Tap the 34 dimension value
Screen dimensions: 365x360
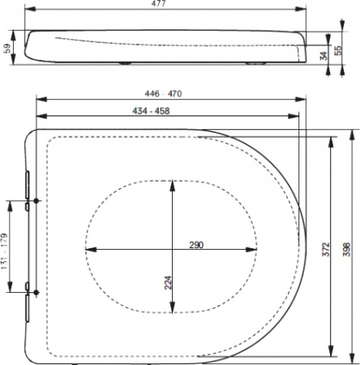click(x=324, y=55)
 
